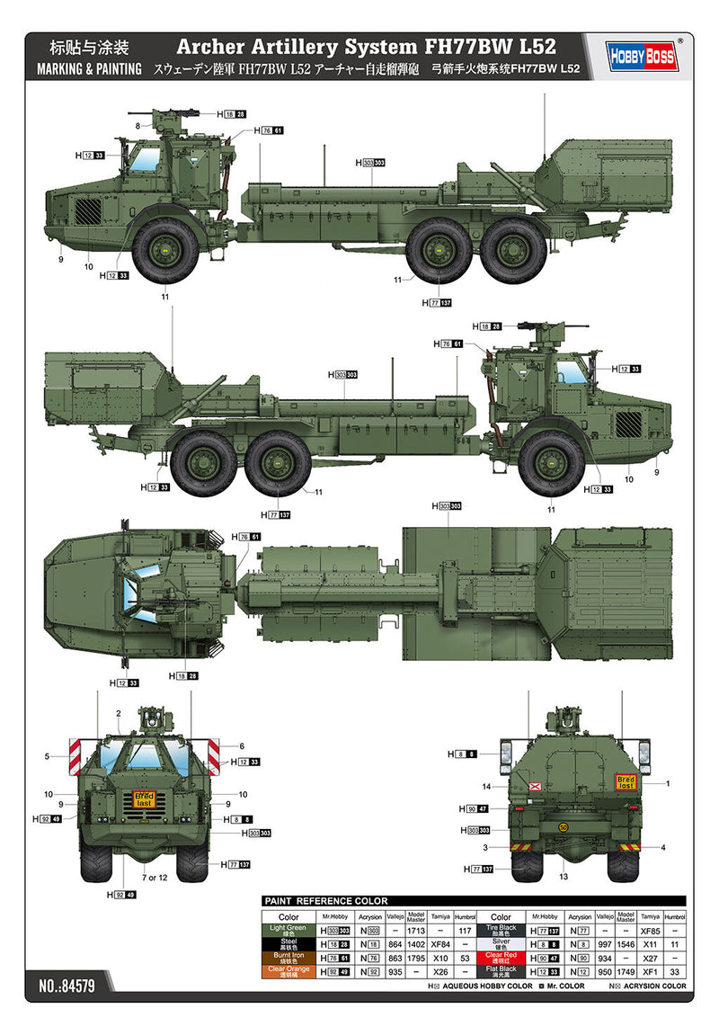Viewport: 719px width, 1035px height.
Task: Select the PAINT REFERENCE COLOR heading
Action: click(x=325, y=901)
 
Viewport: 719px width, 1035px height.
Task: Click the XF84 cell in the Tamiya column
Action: click(x=439, y=944)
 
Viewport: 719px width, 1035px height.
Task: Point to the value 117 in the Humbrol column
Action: click(x=465, y=931)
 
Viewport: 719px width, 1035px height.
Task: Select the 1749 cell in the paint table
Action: click(x=626, y=971)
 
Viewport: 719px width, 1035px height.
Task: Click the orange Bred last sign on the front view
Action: click(x=144, y=799)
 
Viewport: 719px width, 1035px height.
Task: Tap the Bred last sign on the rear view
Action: click(x=626, y=781)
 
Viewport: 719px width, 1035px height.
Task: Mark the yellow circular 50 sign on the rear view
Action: click(x=564, y=826)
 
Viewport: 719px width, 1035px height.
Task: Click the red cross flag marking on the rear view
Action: click(x=536, y=790)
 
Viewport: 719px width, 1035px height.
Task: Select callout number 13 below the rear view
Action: click(x=564, y=877)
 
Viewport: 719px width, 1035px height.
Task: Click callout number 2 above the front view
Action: click(x=118, y=714)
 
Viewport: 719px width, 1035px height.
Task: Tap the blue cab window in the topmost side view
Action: click(x=142, y=160)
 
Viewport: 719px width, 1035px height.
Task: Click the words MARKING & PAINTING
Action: click(x=89, y=69)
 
